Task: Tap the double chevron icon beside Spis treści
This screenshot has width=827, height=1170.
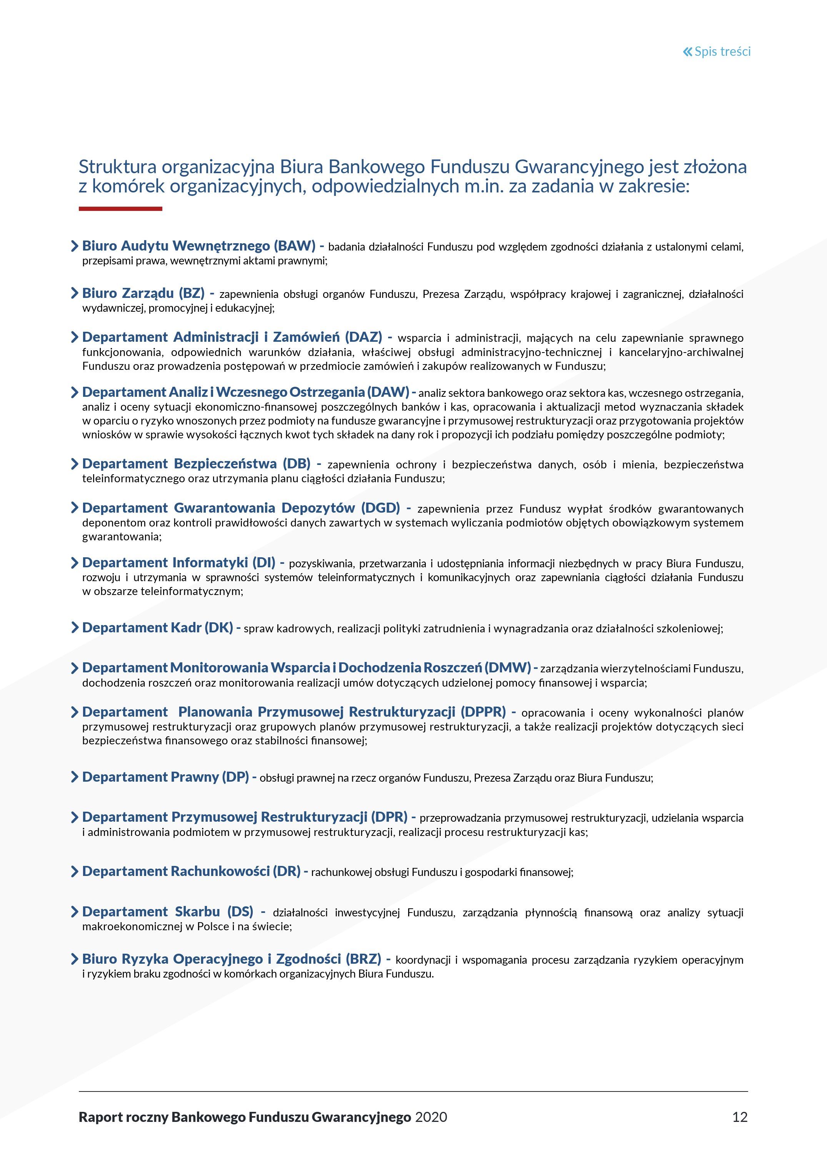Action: point(687,52)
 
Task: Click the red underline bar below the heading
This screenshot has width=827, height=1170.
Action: point(120,209)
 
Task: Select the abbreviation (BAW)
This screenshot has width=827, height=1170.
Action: point(294,246)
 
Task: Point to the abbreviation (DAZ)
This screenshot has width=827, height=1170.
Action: point(363,338)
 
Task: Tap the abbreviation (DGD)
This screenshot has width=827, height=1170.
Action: point(380,508)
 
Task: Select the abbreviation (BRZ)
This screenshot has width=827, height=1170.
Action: point(363,959)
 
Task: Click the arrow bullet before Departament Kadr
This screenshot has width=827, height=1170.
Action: point(75,627)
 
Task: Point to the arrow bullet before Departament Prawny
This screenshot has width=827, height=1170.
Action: point(75,777)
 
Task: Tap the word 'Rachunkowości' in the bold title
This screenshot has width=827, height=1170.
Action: point(220,871)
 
